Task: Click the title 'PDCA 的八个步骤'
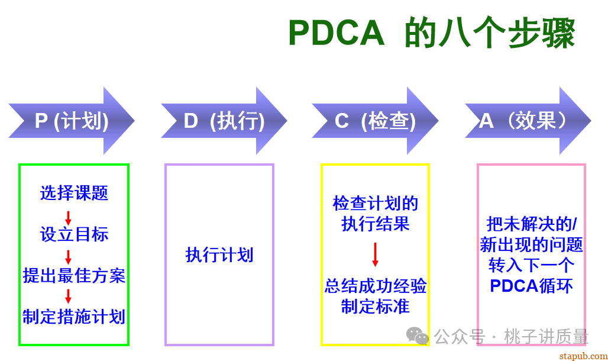[431, 33]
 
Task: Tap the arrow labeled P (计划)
[72, 121]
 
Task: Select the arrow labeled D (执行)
[224, 121]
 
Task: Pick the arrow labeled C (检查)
[375, 121]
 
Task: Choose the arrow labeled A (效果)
[527, 121]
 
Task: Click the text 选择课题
[74, 193]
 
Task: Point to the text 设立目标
[74, 234]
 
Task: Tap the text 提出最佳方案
[74, 275]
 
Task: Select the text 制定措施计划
[74, 316]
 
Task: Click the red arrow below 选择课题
[68, 217]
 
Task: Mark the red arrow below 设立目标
[68, 257]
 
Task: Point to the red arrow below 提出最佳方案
[68, 296]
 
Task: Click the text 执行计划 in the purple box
[219, 255]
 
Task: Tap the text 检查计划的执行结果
[375, 214]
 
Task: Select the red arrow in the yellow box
[375, 254]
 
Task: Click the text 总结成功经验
[375, 286]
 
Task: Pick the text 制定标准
[375, 307]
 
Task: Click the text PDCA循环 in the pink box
[531, 286]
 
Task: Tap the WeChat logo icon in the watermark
[421, 337]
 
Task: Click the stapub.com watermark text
[582, 354]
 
